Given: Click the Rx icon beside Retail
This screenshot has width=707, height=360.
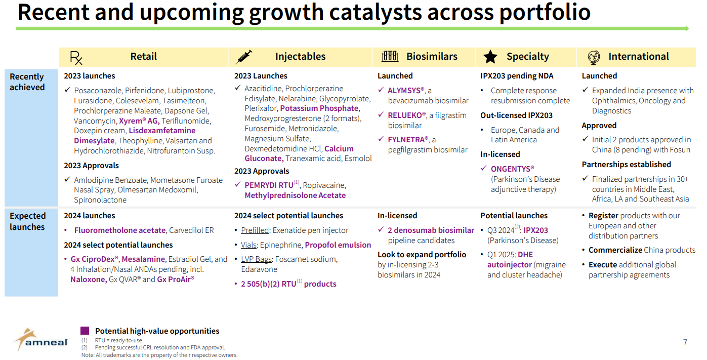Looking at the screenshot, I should [76, 58].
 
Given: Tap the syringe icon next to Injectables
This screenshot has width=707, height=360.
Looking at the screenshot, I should [243, 57].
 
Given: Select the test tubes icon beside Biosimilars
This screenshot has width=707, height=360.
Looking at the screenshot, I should [390, 57].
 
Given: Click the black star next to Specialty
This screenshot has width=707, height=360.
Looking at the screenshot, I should [490, 57].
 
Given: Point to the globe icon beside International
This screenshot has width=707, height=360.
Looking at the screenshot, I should [594, 57].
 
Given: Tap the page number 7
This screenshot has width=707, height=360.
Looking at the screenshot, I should [685, 342].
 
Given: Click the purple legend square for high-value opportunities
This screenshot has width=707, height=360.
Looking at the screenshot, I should [85, 331].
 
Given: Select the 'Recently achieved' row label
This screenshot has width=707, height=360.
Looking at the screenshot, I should [27, 82].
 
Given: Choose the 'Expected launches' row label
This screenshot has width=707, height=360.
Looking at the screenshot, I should [27, 221].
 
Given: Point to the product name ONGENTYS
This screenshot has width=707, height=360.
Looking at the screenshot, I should [512, 169].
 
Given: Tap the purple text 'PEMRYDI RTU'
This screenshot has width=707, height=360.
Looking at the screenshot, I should [269, 185].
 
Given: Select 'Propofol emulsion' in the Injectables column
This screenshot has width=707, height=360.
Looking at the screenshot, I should [338, 245].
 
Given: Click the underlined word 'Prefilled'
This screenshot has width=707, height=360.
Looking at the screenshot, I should [255, 230].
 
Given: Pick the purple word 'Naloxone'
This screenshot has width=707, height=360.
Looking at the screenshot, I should [88, 279].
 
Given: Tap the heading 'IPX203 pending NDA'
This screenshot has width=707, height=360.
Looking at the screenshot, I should [517, 76].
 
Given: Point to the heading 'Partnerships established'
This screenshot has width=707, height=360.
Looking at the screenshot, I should [626, 165].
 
